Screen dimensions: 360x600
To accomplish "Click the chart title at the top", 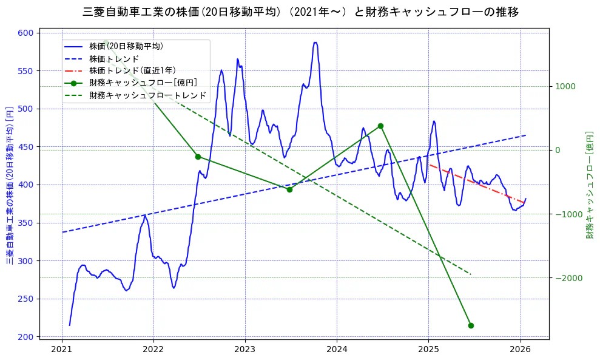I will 300,12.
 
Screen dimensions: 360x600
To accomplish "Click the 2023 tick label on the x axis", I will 245,349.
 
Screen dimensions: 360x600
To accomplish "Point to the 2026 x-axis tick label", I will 520,349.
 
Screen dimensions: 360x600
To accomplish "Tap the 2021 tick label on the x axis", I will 62,349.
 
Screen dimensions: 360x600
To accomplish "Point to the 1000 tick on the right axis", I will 565,86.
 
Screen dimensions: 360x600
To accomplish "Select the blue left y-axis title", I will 10,185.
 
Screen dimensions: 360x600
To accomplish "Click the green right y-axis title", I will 589,185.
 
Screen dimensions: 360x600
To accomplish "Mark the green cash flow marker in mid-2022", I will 198,157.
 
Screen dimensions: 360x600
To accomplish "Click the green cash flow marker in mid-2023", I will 289,189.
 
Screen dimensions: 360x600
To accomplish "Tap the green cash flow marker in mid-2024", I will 380,126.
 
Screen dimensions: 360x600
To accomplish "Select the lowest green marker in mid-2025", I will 471,325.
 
